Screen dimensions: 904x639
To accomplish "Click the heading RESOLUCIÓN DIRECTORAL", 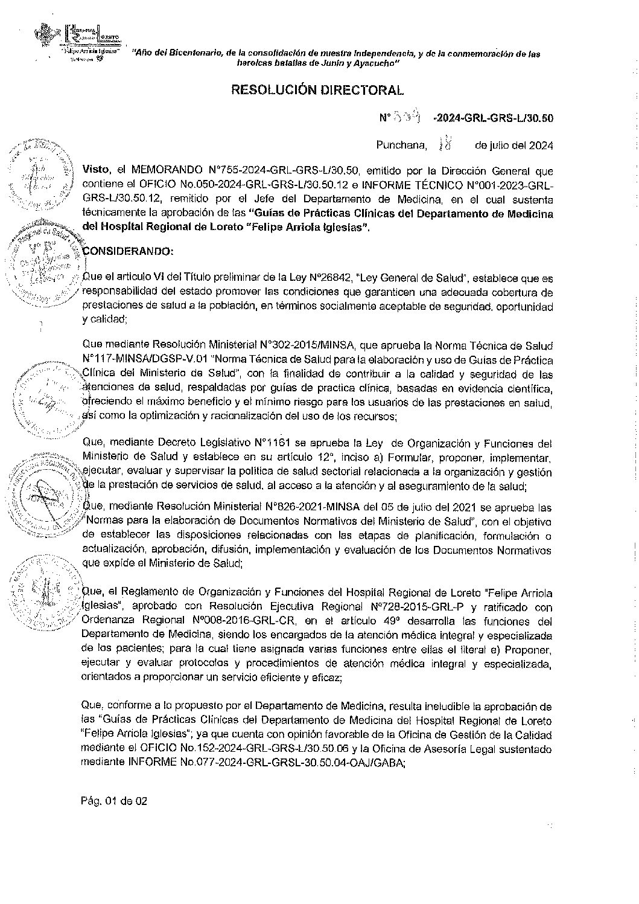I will (317, 91).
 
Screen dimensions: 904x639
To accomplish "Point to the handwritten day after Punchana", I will (447, 145).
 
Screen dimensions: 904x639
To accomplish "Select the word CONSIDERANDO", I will (128, 251).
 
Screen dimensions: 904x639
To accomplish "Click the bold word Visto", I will (95, 171).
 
